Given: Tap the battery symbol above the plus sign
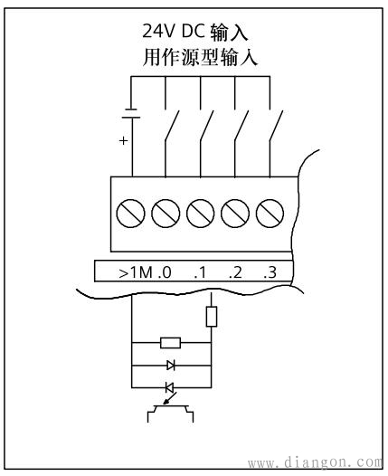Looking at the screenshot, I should pyautogui.click(x=132, y=115).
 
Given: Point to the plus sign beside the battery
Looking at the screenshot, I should pyautogui.click(x=123, y=141).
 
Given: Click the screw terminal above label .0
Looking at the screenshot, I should pyautogui.click(x=166, y=214).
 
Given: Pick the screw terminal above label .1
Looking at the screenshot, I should pyautogui.click(x=201, y=214).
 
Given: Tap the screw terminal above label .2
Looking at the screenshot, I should pyautogui.click(x=235, y=214).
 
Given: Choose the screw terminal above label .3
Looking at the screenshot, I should pyautogui.click(x=270, y=214).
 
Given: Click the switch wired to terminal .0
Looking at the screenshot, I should pyautogui.click(x=172, y=128).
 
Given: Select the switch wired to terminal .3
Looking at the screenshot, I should pyautogui.click(x=275, y=128).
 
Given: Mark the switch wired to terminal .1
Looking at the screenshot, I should pyautogui.click(x=206, y=128).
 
